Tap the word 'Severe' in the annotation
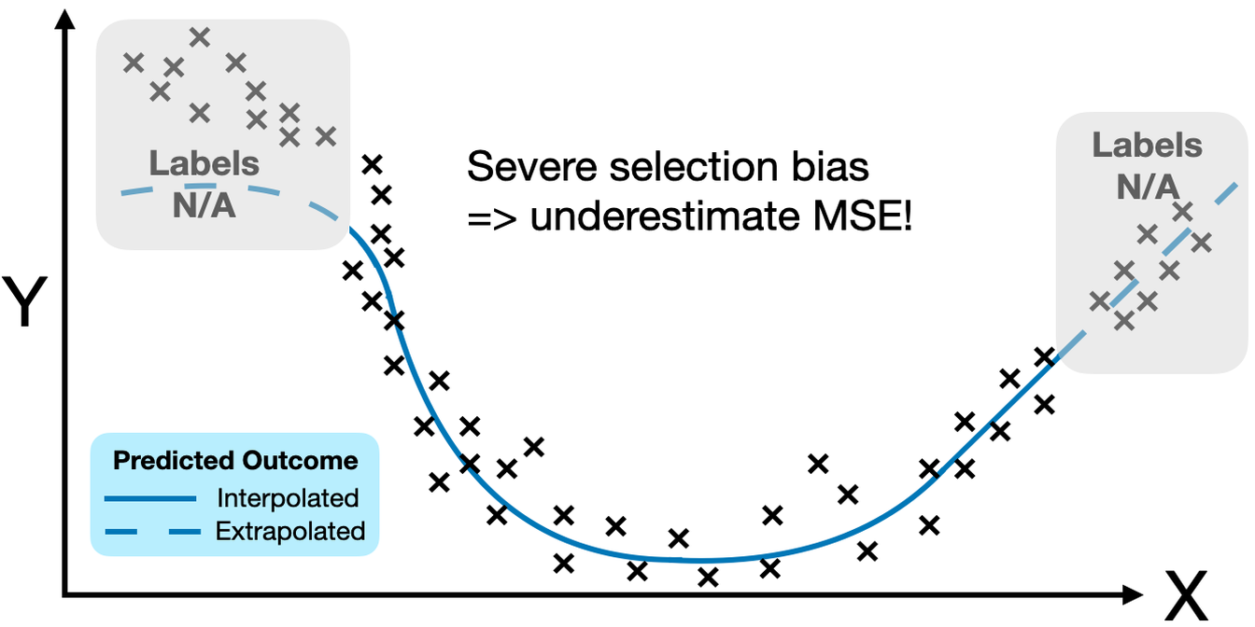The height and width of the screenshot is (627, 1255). tap(525, 167)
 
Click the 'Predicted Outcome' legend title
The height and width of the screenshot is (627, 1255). tap(235, 461)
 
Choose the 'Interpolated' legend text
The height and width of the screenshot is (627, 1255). tap(288, 497)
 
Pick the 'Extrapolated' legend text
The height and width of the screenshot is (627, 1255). tap(290, 531)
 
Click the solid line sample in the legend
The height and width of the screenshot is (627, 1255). tap(149, 498)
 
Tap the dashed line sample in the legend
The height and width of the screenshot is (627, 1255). tap(149, 532)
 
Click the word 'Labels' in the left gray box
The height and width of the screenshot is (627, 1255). tap(204, 164)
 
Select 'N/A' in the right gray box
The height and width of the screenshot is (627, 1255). tap(1148, 188)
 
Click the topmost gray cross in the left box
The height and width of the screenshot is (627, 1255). tap(199, 37)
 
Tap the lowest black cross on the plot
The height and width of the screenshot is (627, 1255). tap(709, 578)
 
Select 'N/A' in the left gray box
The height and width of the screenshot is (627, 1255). tap(204, 205)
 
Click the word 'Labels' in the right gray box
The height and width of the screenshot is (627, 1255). tap(1148, 146)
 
